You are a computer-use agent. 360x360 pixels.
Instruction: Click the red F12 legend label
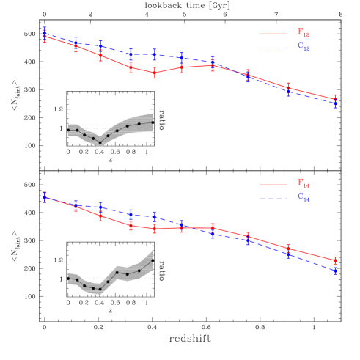point(303,33)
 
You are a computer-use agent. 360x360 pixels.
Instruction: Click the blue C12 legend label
point(303,47)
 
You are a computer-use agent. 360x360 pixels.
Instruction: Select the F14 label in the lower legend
point(303,184)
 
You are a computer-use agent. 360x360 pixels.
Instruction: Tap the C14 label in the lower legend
point(303,198)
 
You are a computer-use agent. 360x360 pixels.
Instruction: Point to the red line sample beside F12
point(273,33)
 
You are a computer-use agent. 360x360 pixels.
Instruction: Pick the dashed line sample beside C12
point(273,48)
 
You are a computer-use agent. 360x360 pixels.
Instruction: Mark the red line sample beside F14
point(273,184)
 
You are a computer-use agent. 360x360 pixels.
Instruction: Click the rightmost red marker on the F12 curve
point(335,98)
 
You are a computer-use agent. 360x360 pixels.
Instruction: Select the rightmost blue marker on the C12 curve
point(335,104)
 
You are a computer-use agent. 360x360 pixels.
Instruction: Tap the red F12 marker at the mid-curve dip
point(155,73)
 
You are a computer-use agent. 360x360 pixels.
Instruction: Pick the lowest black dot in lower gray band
point(100,289)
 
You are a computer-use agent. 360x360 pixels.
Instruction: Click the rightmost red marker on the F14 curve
point(335,260)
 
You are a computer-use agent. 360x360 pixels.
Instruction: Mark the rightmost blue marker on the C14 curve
point(335,271)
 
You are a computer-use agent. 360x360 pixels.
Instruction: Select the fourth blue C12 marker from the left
point(131,54)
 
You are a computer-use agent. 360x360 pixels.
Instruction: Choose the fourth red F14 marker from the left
point(131,225)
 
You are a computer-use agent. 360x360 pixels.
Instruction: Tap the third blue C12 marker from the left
point(100,45)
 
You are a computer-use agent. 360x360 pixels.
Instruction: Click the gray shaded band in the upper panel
point(132,125)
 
